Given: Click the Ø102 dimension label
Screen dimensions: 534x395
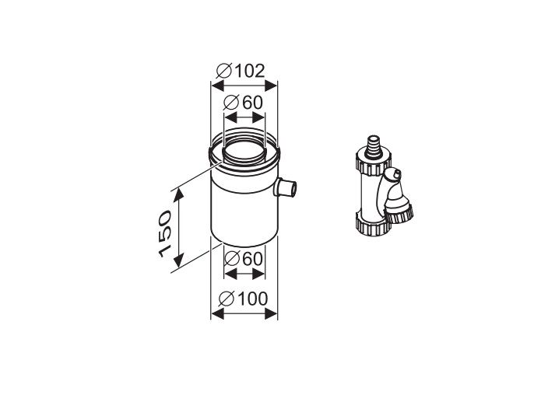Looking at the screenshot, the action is coord(241,71).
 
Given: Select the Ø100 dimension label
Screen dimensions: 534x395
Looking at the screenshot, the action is coord(243,299).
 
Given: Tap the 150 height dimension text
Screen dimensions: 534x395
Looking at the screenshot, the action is coord(165,233).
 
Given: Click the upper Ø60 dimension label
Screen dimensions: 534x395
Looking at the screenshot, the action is coord(244,103).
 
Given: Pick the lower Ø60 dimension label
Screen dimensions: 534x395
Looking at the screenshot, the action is coord(244,259).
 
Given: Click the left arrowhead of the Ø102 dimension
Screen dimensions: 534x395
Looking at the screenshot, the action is coord(217,86).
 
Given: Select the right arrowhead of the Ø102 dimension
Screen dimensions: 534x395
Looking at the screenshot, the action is coord(271,86).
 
